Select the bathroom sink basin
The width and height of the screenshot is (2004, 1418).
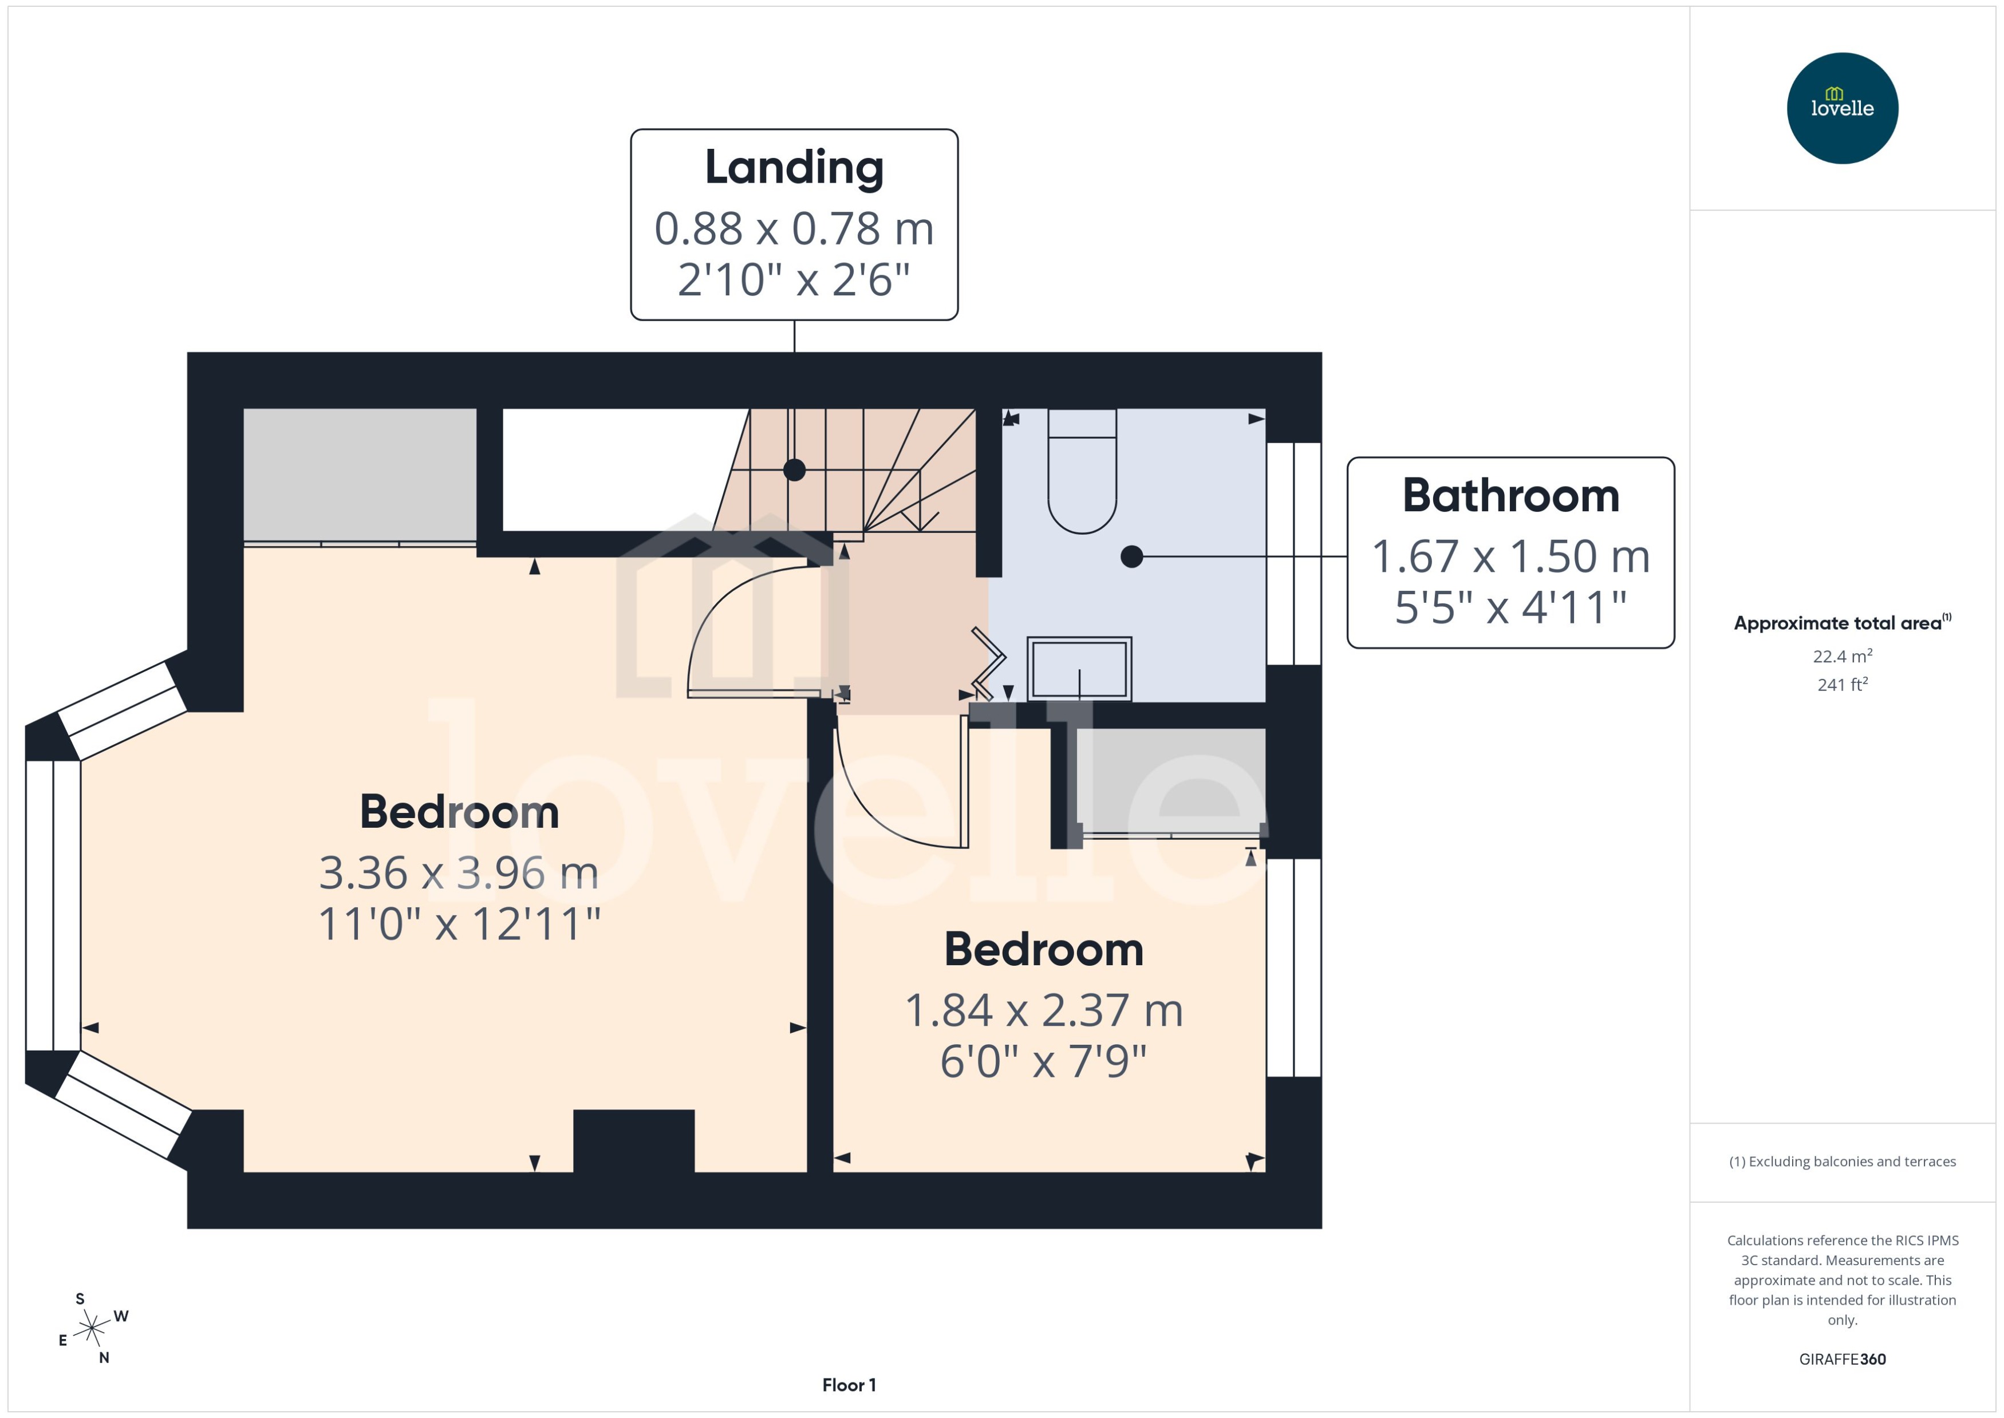click(1079, 669)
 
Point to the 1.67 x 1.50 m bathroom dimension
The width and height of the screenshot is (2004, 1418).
click(1510, 556)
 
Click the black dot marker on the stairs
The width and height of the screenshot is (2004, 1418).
click(794, 470)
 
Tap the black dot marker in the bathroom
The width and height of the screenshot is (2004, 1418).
click(1131, 556)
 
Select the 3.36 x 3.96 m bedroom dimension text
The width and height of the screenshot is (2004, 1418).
click(459, 872)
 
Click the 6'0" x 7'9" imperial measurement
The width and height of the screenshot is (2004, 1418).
click(1043, 1061)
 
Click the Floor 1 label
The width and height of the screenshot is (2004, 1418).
click(848, 1385)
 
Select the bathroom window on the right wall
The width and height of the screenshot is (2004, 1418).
click(1293, 554)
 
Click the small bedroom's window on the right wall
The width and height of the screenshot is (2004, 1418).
click(1293, 967)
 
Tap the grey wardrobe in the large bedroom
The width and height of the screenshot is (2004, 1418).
click(359, 475)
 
